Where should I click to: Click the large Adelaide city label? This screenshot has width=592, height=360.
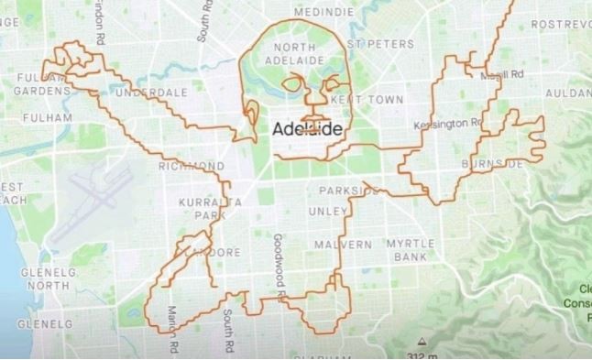coord(308,129)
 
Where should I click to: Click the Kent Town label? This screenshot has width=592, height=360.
coord(353,97)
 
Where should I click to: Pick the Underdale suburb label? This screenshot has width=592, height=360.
coord(152,93)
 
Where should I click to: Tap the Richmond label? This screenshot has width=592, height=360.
coord(192,166)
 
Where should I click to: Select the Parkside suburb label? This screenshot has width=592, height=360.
coord(349,191)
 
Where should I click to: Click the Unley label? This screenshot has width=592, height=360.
coord(327,211)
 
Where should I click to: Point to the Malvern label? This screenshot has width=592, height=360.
coord(342,245)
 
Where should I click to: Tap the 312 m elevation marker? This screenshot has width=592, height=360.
coord(420,355)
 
